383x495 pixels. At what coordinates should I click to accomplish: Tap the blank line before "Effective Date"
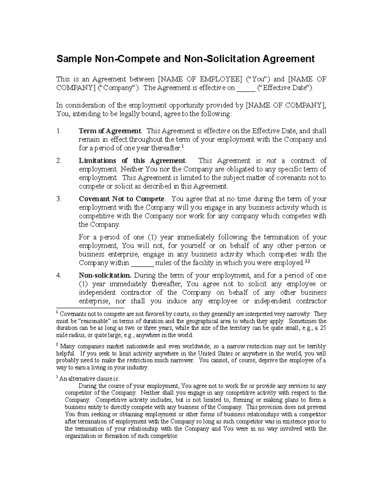click(x=246, y=88)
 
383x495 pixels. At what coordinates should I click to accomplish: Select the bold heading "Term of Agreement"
click(x=110, y=131)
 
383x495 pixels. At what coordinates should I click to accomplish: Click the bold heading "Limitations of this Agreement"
click(x=132, y=161)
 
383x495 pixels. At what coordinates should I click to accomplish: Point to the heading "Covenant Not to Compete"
click(x=122, y=199)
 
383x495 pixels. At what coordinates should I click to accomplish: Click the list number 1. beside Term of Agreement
click(x=58, y=131)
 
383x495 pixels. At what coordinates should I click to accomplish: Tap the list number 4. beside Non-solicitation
click(x=58, y=275)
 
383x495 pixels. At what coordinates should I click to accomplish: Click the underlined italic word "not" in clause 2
click(x=271, y=161)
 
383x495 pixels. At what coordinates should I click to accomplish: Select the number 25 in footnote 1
click(x=323, y=328)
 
